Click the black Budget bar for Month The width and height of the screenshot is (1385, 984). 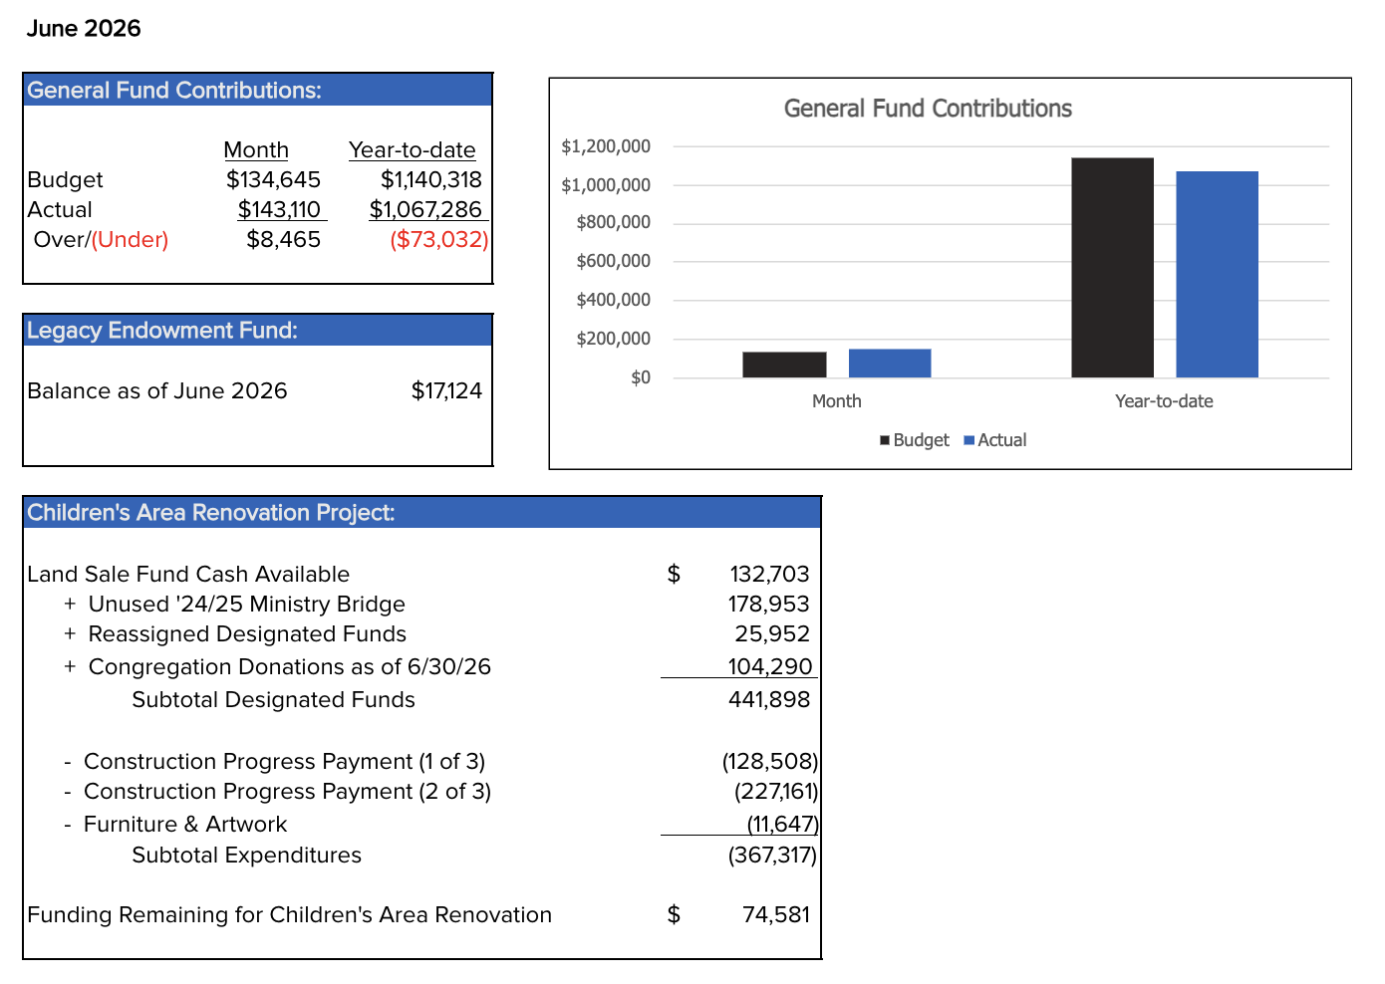coord(784,365)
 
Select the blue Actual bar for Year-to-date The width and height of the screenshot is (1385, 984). coord(1217,275)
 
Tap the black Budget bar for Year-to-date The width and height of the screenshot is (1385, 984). coord(1112,268)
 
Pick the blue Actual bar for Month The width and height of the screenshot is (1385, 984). coord(890,364)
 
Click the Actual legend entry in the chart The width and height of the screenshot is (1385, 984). coord(994,440)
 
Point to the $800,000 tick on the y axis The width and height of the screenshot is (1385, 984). coord(614,222)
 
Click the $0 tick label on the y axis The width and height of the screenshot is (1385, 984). coord(641,377)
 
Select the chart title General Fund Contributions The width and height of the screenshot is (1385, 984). coord(928,109)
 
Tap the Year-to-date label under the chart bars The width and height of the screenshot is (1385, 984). coord(1164,401)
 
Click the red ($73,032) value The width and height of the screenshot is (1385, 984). coord(439,240)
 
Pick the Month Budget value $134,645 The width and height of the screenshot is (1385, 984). coord(273,180)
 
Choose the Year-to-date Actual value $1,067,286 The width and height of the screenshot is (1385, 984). coord(425,209)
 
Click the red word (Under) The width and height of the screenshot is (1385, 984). coord(130,240)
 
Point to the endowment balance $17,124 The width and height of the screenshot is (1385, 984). coord(446,390)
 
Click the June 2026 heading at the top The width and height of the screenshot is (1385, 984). coord(84,29)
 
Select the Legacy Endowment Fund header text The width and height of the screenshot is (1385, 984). coord(162,331)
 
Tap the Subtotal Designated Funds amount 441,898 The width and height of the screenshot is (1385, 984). coord(769,700)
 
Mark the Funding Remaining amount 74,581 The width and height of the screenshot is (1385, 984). coord(776,914)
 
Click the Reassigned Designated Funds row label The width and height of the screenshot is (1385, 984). coord(247,634)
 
